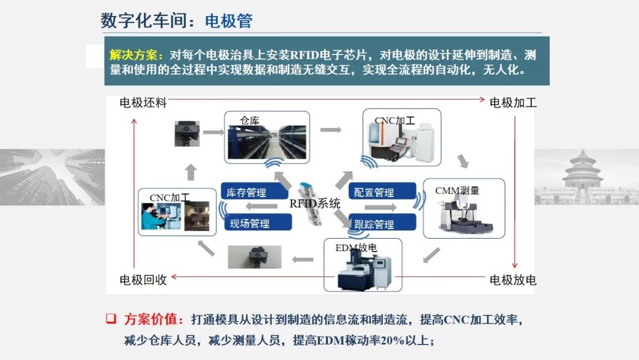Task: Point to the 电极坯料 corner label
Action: click(x=143, y=103)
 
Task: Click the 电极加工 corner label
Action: click(x=513, y=103)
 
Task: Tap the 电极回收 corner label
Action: click(x=143, y=279)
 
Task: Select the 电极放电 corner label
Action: click(x=513, y=279)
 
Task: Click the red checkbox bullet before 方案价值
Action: click(x=110, y=319)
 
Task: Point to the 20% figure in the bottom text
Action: click(x=395, y=340)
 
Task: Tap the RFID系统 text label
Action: click(x=315, y=204)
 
